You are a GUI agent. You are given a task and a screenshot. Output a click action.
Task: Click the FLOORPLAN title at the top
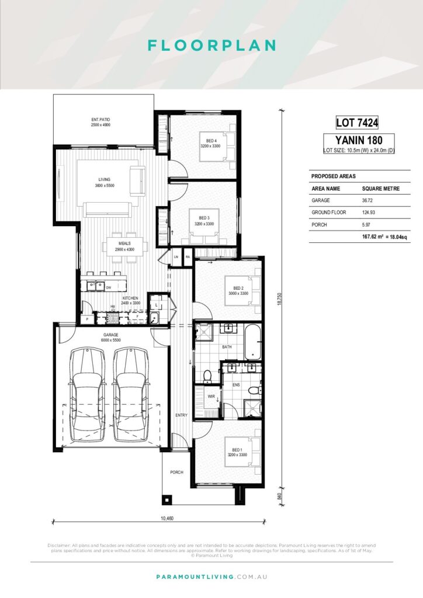pyautogui.click(x=211, y=46)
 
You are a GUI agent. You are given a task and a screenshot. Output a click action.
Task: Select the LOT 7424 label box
pyautogui.click(x=358, y=123)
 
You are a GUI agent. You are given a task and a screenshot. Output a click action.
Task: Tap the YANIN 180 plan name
pyautogui.click(x=358, y=140)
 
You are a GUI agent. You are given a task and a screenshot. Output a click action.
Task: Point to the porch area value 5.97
pyautogui.click(x=368, y=224)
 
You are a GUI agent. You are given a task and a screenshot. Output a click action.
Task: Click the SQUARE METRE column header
pyautogui.click(x=380, y=189)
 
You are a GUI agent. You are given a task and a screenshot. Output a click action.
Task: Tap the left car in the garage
pyautogui.click(x=88, y=394)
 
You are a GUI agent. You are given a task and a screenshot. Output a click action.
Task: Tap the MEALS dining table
pyautogui.click(x=124, y=246)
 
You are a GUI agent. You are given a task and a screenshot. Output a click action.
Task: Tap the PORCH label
pyautogui.click(x=176, y=472)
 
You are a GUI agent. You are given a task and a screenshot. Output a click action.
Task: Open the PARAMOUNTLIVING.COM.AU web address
pyautogui.click(x=211, y=576)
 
